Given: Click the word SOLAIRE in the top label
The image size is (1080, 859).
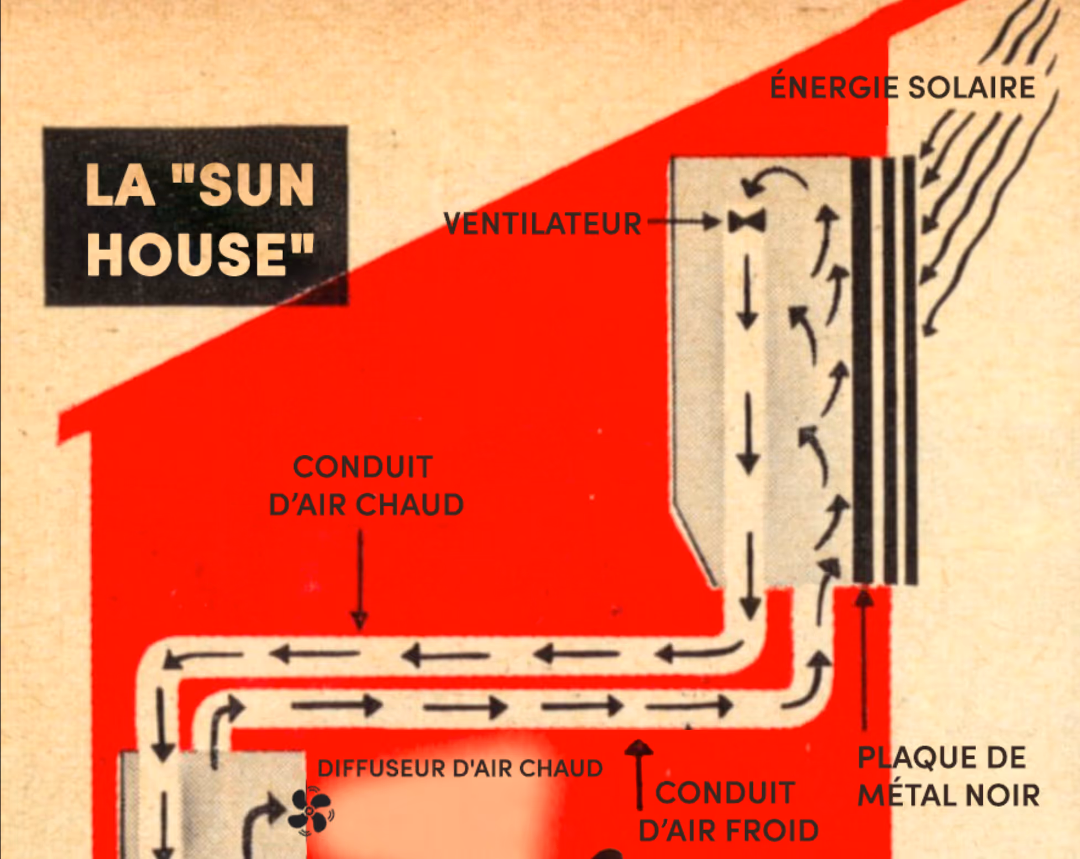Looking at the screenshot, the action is click(972, 87).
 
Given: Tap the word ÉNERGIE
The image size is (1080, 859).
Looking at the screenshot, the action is click(834, 87).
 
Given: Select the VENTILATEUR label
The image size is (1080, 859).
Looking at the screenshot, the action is click(542, 224).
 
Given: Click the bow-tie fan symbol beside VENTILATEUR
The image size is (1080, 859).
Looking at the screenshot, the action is click(747, 222).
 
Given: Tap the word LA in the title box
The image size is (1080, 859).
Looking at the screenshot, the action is click(119, 186).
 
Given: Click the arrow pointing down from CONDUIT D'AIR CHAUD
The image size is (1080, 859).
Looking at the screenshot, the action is click(360, 580).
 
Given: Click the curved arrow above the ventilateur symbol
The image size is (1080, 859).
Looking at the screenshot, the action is click(774, 180).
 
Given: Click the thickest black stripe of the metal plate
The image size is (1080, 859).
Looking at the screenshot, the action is click(862, 370).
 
